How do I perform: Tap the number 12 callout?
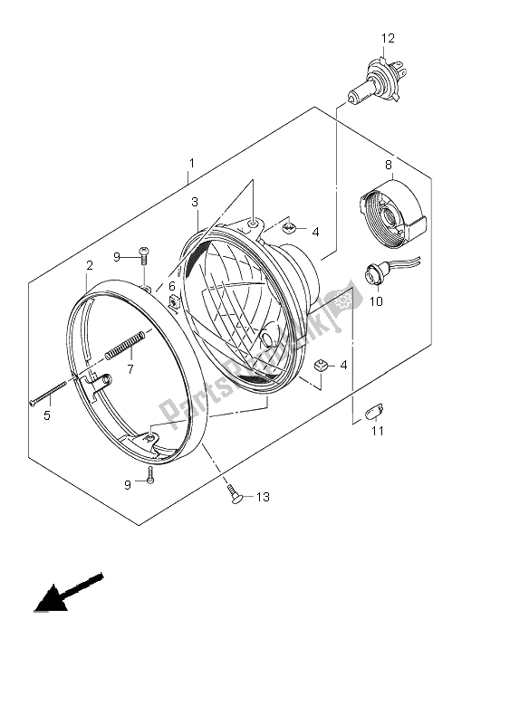[388, 38]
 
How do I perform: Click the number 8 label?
[388, 165]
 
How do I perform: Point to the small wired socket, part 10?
[375, 271]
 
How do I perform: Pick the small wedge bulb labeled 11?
[370, 412]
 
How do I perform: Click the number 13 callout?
[263, 497]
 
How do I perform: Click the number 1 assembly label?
[191, 164]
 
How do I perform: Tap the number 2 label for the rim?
[90, 265]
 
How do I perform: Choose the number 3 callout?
[194, 203]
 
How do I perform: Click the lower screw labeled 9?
[150, 477]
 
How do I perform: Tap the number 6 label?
[171, 286]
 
